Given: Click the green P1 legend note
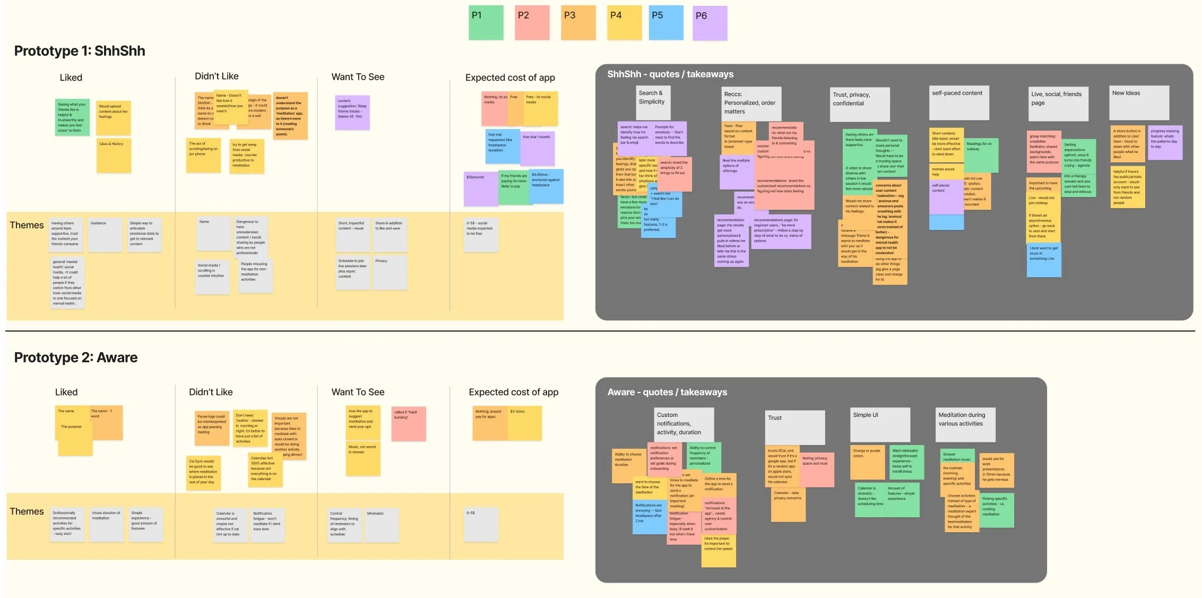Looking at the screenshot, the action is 486,23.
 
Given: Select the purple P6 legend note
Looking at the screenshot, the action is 710,23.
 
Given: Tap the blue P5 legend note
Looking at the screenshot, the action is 665,23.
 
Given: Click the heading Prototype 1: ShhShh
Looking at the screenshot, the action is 80,51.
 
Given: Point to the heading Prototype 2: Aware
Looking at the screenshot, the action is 76,357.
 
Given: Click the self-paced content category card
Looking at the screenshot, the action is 959,102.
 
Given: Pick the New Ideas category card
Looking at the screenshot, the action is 1139,102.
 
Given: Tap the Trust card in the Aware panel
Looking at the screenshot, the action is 794,427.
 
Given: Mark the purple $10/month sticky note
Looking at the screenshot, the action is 480,189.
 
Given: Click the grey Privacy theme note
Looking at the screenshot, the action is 390,272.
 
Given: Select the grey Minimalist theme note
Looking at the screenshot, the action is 382,525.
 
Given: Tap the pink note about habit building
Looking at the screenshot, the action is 409,423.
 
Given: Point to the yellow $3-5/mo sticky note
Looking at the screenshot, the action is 525,423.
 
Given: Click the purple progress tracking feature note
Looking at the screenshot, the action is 1165,142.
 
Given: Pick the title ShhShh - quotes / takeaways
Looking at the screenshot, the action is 670,74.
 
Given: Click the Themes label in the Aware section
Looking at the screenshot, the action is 27,511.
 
